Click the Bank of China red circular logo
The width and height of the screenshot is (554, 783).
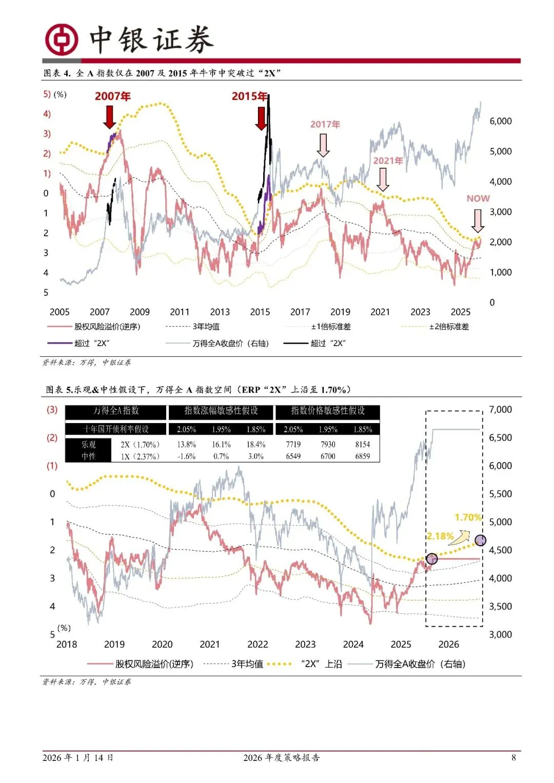62,39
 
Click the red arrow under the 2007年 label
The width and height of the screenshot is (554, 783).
110,116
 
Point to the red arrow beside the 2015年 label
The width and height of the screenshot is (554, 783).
261,118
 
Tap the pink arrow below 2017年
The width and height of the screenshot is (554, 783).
323,145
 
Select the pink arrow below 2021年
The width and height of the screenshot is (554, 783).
383,179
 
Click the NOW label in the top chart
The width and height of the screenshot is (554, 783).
478,198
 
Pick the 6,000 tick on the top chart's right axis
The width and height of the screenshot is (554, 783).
500,121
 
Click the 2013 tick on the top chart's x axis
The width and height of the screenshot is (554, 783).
220,312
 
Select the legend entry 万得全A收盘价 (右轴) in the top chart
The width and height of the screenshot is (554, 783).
230,343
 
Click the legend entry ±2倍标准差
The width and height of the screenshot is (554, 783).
449,327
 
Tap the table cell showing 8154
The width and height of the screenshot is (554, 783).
362,445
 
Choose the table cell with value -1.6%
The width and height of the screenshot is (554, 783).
186,456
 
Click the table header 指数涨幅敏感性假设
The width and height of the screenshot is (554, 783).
221,411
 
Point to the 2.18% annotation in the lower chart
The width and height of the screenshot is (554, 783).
440,536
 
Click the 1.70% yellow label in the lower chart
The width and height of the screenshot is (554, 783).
468,517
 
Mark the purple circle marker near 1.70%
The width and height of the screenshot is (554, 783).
481,540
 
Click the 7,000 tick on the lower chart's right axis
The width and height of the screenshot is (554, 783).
500,410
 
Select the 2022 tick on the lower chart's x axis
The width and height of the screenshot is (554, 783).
258,645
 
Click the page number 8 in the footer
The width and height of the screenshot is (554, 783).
513,757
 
